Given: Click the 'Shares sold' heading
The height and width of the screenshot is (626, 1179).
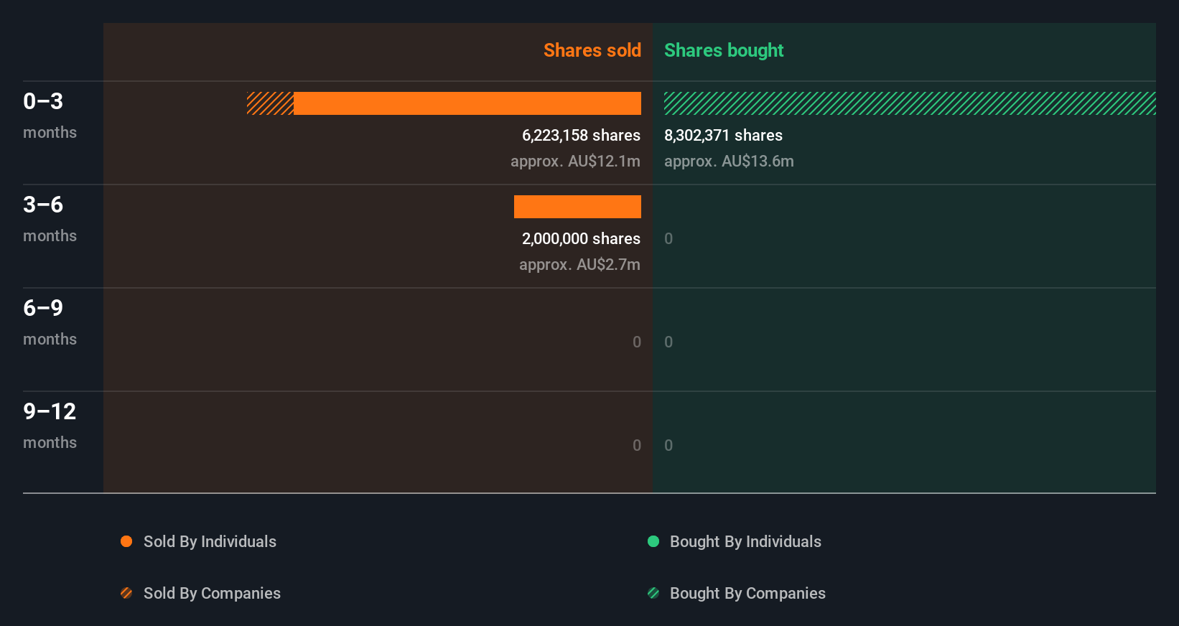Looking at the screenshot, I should [592, 50].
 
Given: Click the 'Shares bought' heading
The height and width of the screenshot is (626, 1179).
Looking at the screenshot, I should [723, 50].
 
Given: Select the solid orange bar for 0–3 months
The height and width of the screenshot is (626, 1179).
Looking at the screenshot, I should [467, 103].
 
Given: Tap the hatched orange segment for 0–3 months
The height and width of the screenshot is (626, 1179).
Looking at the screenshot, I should [270, 103].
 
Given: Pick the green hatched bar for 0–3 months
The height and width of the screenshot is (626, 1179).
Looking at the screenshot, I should [909, 103].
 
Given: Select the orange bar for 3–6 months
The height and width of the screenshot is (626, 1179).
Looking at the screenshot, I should [577, 207].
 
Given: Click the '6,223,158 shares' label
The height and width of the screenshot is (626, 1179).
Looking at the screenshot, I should [581, 135].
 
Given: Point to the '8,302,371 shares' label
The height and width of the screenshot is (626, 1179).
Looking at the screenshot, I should [723, 135].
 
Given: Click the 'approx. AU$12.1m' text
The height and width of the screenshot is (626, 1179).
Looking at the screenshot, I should [575, 161].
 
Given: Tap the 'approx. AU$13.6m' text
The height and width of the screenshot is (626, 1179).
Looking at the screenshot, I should [729, 161].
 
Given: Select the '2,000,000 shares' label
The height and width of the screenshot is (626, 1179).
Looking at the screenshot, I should [581, 238].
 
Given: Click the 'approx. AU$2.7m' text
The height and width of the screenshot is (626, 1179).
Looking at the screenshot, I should [579, 264].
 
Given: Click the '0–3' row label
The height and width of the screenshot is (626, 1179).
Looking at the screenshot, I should [43, 101].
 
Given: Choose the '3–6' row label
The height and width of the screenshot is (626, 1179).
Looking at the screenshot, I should [43, 205].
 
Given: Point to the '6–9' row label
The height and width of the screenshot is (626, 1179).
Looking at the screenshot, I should [43, 308].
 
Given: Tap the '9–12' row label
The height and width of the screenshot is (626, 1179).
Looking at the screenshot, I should [50, 411].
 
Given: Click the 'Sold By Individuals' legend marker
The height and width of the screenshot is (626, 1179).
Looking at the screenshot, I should [126, 541].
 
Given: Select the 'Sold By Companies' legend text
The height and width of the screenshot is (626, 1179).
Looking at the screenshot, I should [212, 593].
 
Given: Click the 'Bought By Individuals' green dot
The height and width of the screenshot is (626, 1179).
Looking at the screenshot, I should [653, 541].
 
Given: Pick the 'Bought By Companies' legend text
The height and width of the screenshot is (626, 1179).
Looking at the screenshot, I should [747, 593].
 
